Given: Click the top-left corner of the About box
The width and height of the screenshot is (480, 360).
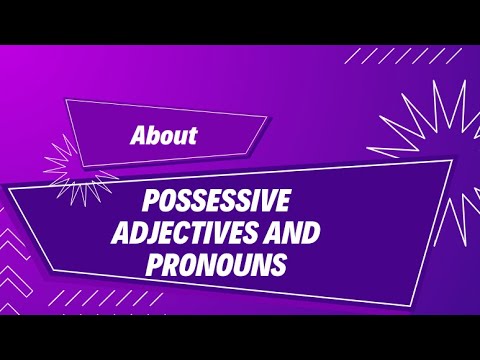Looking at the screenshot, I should coord(65,100).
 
